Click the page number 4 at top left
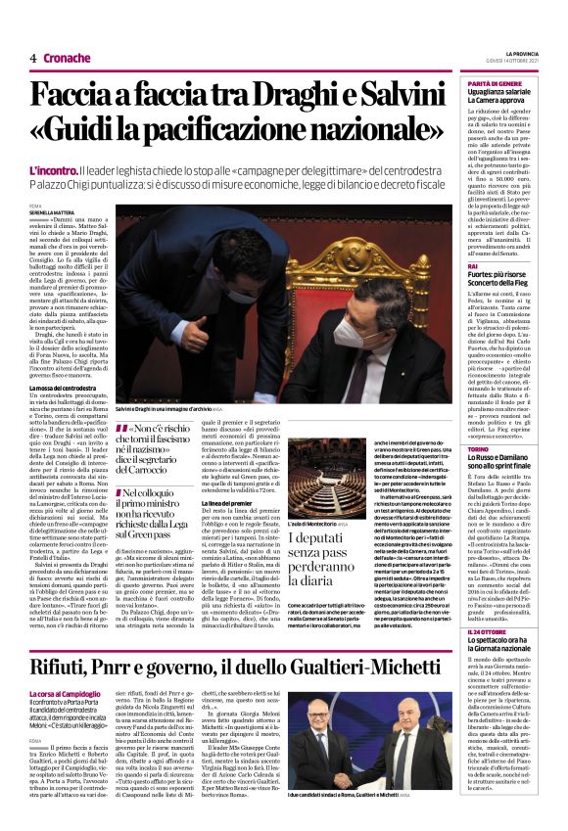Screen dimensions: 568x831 33,58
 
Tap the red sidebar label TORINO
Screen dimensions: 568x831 479,446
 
